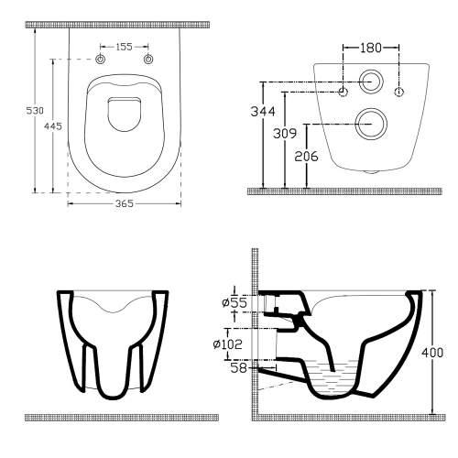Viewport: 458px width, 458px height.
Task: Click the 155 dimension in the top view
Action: pyautogui.click(x=124, y=45)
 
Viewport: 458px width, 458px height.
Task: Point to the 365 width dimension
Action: pyautogui.click(x=124, y=203)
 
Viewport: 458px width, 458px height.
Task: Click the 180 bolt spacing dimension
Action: pyautogui.click(x=371, y=45)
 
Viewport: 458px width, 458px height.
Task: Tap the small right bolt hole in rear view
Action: pyautogui.click(x=399, y=92)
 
